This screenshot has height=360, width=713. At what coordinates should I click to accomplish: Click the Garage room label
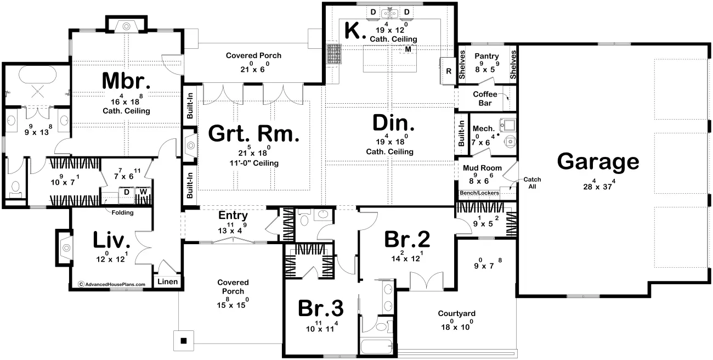point(598,162)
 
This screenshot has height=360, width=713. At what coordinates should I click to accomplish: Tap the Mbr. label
point(126,81)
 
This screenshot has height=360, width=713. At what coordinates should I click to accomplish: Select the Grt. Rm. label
point(254,133)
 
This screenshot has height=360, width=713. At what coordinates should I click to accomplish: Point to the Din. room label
point(393,123)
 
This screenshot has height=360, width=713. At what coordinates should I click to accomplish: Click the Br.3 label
point(320,308)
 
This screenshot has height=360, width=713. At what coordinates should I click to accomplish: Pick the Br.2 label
point(407,239)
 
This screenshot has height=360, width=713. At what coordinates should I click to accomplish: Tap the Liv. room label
point(111,240)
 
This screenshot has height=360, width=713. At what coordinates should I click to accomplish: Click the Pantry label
point(486,57)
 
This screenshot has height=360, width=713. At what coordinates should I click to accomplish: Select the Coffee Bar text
point(485,98)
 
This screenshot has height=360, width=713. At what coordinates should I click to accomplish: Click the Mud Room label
point(482,168)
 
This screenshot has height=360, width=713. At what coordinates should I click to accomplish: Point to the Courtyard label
point(457,313)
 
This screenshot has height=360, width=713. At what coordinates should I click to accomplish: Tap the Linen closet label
point(168,282)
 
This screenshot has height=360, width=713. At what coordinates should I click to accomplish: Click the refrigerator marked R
point(449,71)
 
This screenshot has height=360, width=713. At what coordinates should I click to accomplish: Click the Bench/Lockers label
point(479,193)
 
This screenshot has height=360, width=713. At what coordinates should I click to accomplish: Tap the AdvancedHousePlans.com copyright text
point(112,284)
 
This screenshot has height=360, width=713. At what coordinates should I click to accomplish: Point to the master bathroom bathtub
point(37,75)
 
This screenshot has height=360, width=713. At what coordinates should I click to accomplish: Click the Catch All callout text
point(532,183)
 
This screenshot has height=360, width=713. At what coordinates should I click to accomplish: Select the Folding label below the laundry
point(122,212)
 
